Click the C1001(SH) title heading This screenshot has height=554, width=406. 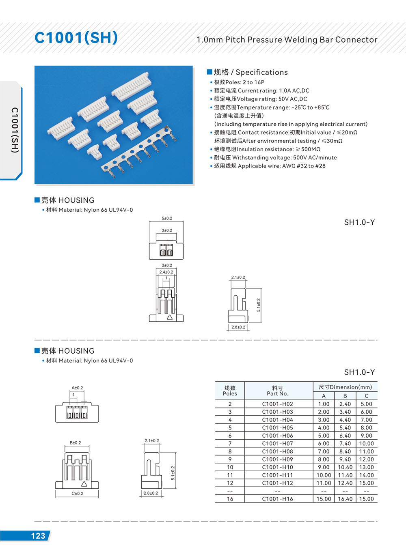76,38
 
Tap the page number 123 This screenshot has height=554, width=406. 38,536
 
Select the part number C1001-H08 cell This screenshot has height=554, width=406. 277,451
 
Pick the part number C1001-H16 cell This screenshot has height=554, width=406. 277,499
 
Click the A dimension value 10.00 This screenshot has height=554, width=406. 324,475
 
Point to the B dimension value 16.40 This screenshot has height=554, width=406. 345,499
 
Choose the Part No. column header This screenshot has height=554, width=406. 277,391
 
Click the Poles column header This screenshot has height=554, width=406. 230,391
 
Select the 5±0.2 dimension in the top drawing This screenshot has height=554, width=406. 167,218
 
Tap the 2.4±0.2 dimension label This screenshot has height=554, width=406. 166,272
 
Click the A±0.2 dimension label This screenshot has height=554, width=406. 77,388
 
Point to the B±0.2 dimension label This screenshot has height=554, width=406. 76,442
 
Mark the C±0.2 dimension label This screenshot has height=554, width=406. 77,494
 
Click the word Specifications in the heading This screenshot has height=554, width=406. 261,72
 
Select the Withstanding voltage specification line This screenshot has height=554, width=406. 275,157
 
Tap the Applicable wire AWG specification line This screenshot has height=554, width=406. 270,166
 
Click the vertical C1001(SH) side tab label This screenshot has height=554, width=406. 15,130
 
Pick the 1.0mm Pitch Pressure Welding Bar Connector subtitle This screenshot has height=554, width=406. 287,40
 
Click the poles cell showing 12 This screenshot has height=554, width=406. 230,483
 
